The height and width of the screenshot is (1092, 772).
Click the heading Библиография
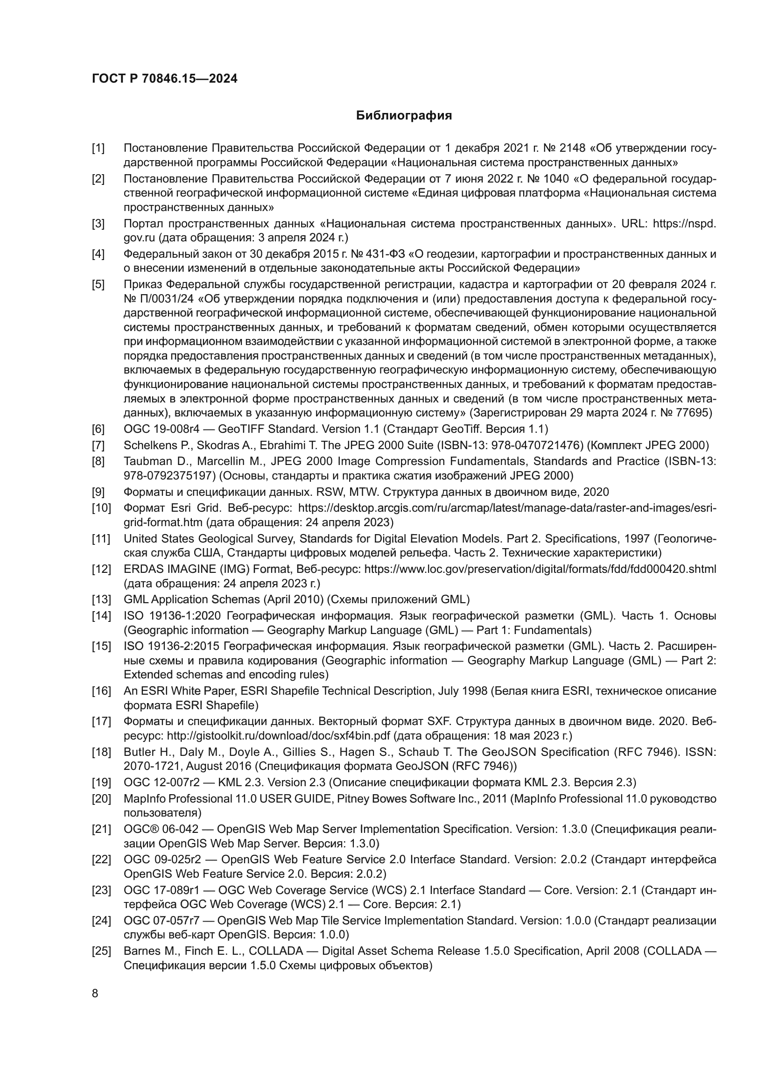click(x=404, y=116)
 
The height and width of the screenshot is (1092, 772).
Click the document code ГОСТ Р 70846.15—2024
click(x=164, y=78)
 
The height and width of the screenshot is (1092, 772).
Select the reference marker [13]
click(x=101, y=599)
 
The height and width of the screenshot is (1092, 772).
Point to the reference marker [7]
click(x=98, y=445)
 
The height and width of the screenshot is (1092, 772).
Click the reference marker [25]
click(x=101, y=951)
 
